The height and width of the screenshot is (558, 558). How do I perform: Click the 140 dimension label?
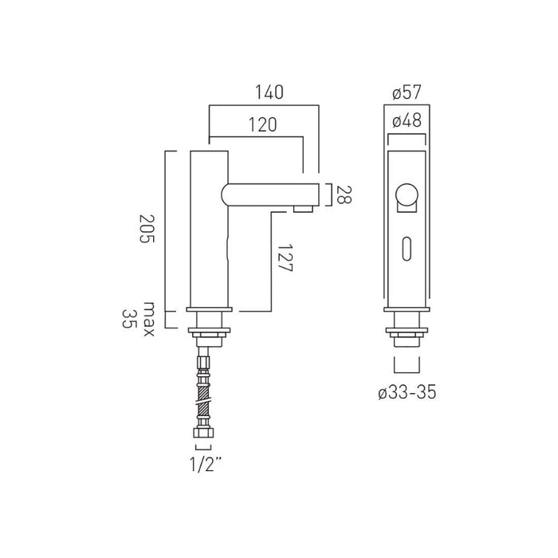pos(269,92)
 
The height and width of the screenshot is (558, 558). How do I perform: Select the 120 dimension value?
pos(262,124)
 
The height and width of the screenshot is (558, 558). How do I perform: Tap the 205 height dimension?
pos(147,229)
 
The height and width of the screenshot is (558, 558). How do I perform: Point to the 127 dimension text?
pos(285,258)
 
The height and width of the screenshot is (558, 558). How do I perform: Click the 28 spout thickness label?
pos(344,195)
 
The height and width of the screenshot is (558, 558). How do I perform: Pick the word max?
pos(149,319)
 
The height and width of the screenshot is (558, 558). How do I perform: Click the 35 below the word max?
pos(129,319)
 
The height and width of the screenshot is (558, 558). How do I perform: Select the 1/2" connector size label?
pos(206,464)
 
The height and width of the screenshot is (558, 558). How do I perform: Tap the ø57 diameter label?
pos(407,92)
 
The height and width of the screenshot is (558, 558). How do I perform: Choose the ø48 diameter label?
pos(407,120)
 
